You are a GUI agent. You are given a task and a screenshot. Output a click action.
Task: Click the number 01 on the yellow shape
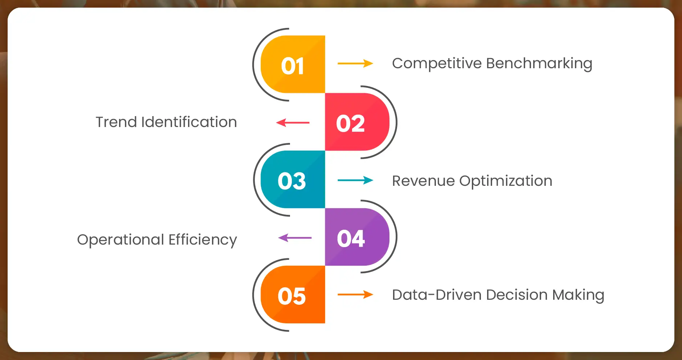293,66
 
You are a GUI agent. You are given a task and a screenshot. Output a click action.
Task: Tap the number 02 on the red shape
350,123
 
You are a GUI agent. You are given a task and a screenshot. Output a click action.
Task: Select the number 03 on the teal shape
292,181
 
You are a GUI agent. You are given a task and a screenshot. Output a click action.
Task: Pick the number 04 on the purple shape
351,238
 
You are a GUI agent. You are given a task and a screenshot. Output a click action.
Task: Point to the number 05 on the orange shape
292,296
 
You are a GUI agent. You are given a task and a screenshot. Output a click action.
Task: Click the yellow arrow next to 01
355,64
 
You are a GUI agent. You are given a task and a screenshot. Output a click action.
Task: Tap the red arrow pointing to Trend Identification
293,123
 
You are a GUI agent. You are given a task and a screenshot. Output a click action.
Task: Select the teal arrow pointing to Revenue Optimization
355,180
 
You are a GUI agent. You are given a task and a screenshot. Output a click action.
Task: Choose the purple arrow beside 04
295,238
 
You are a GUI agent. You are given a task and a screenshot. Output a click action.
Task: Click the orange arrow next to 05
355,295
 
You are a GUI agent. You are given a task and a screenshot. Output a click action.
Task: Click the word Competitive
437,64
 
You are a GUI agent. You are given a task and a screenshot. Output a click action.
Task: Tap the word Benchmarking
539,64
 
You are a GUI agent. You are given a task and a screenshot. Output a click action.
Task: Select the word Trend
116,122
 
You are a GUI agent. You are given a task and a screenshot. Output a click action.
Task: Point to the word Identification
189,122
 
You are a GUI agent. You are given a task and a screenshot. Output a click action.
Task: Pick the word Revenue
423,181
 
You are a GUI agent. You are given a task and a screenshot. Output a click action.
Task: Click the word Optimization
506,181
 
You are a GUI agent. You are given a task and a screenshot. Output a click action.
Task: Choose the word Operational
121,240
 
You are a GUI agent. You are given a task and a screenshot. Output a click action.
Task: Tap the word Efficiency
203,240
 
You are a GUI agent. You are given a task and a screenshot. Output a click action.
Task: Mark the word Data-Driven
437,295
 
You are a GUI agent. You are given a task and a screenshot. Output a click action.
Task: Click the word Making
578,295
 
